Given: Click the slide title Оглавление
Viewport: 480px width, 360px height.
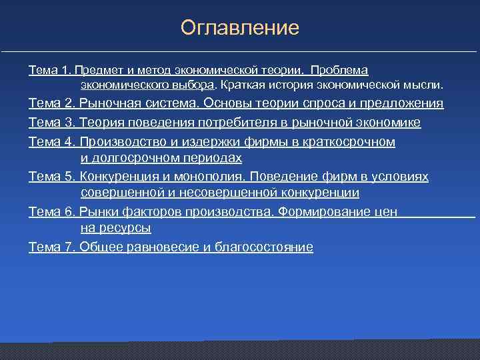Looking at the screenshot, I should tap(240, 28).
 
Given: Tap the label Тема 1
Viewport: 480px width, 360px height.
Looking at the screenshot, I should tap(50, 70).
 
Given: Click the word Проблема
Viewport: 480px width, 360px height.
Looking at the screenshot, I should tap(339, 70).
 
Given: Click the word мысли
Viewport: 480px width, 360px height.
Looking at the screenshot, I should tap(423, 85).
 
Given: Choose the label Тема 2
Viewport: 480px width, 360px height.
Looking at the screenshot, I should tap(51, 103).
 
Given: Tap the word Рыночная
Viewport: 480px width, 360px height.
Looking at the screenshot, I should tap(108, 103).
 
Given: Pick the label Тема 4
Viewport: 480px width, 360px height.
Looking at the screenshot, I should tap(51, 142).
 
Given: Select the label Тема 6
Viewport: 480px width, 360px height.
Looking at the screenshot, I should tap(51, 212).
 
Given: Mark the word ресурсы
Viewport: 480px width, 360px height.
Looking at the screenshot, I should tap(127, 228).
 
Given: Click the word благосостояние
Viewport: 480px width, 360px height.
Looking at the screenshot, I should tap(263, 247).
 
